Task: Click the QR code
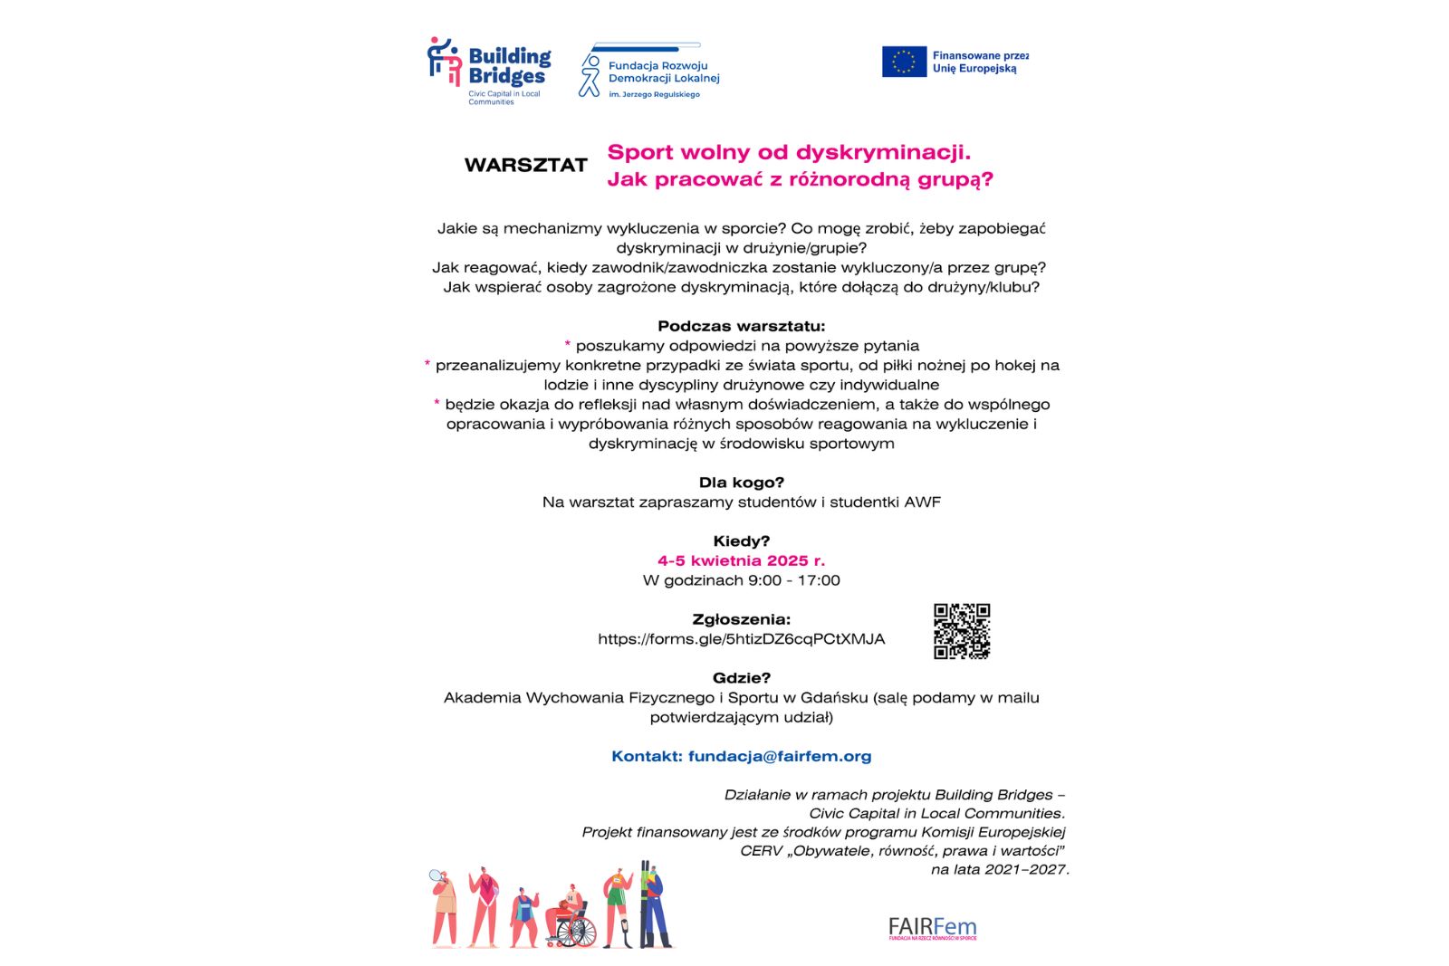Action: point(962,631)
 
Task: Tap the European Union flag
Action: point(904,62)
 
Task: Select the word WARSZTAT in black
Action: point(526,166)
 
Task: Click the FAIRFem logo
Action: point(932,928)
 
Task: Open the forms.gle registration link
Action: point(741,639)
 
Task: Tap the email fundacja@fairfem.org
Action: point(779,756)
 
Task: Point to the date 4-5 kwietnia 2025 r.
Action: point(741,560)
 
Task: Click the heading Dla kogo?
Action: point(741,483)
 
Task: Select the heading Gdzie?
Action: point(741,678)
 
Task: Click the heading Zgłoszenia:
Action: point(741,619)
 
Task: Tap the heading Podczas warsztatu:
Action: point(741,326)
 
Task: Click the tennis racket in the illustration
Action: point(437,876)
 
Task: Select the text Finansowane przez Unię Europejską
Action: point(979,62)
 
